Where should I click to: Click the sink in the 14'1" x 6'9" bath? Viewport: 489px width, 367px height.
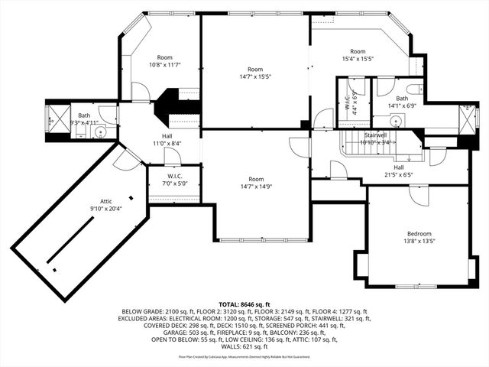pyautogui.click(x=396, y=121)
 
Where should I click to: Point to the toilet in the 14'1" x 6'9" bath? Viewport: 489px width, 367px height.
pyautogui.click(x=413, y=89)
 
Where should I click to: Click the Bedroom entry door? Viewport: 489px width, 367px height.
pyautogui.click(x=419, y=195)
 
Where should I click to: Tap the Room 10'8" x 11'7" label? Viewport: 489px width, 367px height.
pyautogui.click(x=165, y=61)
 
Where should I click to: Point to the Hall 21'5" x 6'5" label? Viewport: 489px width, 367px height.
pyautogui.click(x=398, y=171)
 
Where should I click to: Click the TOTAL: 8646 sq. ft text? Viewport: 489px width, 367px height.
pyautogui.click(x=244, y=304)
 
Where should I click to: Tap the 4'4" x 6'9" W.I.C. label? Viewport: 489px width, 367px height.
pyautogui.click(x=348, y=102)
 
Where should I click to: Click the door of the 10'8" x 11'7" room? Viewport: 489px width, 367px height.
pyautogui.click(x=140, y=92)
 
